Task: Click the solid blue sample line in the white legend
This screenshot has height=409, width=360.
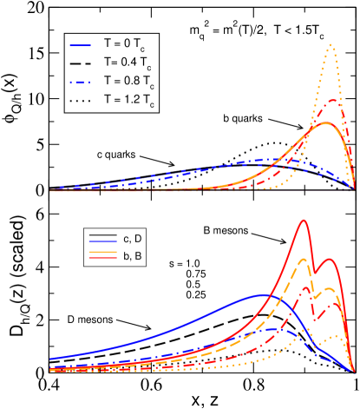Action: pos(82,44)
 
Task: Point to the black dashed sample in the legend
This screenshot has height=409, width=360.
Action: pos(82,63)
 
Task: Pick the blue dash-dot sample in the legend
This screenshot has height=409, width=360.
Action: pos(82,82)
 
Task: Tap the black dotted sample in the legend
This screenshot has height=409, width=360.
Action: pos(82,102)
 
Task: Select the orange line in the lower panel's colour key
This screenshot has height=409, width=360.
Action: pos(102,250)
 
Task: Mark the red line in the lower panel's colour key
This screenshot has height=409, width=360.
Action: pos(102,258)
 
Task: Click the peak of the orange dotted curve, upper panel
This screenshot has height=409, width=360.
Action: pos(331,46)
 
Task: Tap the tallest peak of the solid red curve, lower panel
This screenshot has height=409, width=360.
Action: pos(303,220)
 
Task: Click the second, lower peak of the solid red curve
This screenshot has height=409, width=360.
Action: pos(329,259)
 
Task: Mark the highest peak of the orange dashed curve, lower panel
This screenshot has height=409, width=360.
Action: pos(303,259)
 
